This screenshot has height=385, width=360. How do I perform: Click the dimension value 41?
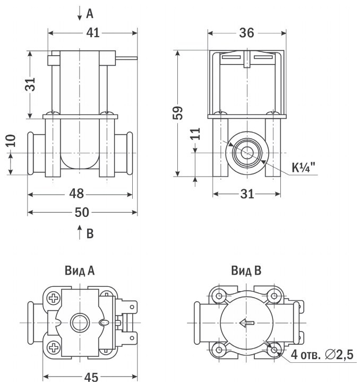(x=93, y=33)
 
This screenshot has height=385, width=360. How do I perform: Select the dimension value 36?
(x=246, y=33)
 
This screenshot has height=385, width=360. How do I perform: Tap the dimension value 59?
(x=178, y=113)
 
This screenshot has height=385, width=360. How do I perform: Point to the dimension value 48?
(x=76, y=194)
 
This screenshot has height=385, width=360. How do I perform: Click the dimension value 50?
(x=82, y=212)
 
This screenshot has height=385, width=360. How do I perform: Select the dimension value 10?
(x=11, y=141)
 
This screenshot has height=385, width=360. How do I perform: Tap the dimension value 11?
(x=195, y=134)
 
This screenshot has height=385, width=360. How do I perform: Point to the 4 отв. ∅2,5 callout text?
(x=322, y=355)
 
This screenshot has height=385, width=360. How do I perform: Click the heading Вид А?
(x=80, y=270)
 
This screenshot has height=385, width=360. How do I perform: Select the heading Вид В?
(x=246, y=270)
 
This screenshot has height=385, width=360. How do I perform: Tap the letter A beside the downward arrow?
(x=90, y=14)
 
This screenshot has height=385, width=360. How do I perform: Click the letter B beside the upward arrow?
(x=90, y=233)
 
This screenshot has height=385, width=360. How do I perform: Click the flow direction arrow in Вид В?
(x=247, y=323)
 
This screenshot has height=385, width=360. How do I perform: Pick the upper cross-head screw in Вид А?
(x=53, y=299)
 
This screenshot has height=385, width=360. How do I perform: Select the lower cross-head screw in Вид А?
(x=53, y=347)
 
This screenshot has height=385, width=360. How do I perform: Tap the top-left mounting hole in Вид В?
(x=219, y=296)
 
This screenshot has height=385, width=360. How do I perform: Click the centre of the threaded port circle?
(x=247, y=153)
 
